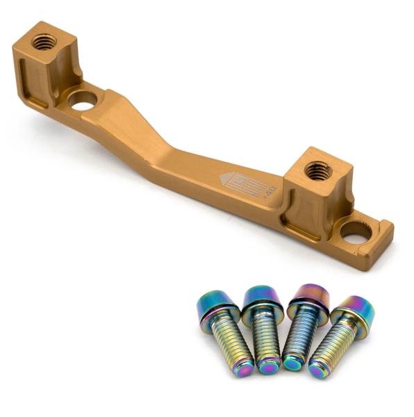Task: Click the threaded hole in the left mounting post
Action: (x=44, y=42)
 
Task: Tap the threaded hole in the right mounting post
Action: (x=318, y=170)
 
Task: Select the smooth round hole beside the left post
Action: (x=83, y=101)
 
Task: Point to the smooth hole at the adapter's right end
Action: (x=356, y=233)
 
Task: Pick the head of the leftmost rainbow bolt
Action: (x=217, y=305)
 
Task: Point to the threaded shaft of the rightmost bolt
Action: (x=329, y=347)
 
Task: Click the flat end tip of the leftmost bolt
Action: (x=244, y=369)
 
